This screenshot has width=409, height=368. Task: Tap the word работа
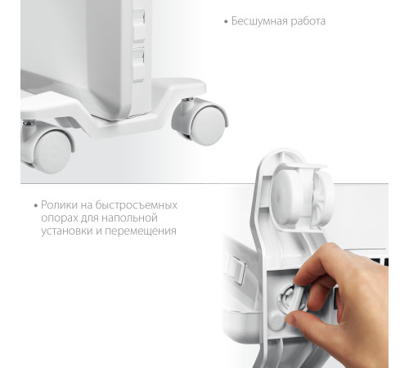(306, 21)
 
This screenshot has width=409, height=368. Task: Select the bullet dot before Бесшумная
(226, 21)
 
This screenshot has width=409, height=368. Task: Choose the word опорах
(58, 218)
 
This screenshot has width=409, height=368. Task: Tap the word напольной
(131, 218)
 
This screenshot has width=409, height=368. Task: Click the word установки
(65, 231)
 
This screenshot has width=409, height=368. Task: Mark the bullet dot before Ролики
(36, 205)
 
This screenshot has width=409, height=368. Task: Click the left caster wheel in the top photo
(52, 151)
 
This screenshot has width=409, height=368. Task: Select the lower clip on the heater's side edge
(138, 60)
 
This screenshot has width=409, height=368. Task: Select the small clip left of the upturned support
(232, 266)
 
